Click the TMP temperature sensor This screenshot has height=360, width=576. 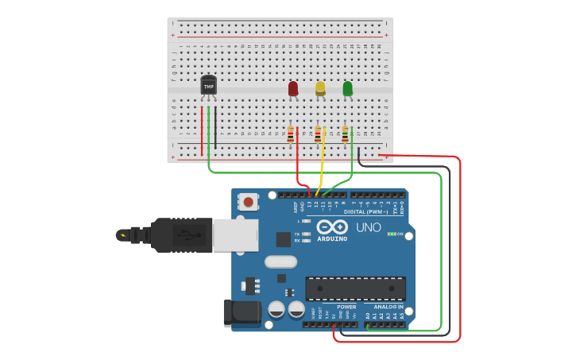coord(208,85)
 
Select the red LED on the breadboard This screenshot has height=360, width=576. coord(293,88)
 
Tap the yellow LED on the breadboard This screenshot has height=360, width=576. coord(320,88)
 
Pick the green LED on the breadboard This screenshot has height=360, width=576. coord(347,88)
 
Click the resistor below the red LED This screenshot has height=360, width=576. coord(291,134)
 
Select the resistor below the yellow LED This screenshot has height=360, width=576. coord(318,135)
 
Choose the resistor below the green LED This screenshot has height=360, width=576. coord(345,135)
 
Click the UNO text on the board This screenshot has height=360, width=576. coord(369,227)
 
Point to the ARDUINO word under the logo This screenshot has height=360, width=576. coord(332,238)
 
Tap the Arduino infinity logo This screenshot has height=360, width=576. coord(332,226)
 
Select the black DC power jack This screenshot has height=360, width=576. coord(242,312)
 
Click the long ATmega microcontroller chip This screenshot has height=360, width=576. coord(356,288)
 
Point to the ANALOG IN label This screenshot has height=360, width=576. coord(385,307)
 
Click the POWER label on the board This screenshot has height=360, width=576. coord(346,307)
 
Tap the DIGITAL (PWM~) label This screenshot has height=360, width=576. coord(365,212)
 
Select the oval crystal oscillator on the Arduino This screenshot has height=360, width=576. coord(280,261)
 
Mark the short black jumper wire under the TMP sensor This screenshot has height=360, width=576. coord(215,127)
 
